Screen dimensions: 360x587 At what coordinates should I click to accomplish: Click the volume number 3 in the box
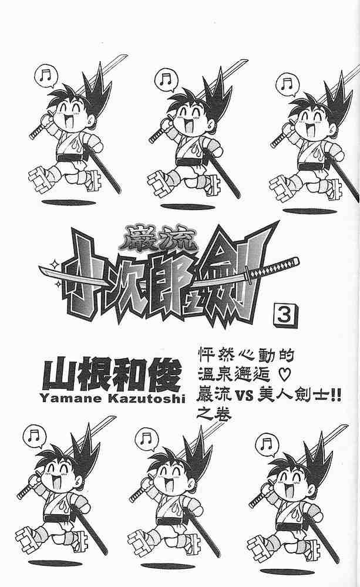pyautogui.click(x=287, y=316)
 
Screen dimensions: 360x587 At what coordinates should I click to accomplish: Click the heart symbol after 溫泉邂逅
pyautogui.click(x=283, y=375)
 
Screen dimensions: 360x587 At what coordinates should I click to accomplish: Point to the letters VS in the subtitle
pyautogui.click(x=245, y=395)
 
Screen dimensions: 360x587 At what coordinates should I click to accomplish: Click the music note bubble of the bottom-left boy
pyautogui.click(x=34, y=436)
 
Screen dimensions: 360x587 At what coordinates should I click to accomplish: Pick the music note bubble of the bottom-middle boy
pyautogui.click(x=146, y=440)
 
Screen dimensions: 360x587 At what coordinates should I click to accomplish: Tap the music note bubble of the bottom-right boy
pyautogui.click(x=267, y=444)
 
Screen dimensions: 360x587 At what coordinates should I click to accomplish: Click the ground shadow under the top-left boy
pyautogui.click(x=69, y=203)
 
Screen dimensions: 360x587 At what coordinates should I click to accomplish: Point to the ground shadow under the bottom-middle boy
pyautogui.click(x=168, y=566)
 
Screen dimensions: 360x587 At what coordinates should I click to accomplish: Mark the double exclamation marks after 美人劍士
pyautogui.click(x=335, y=395)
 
